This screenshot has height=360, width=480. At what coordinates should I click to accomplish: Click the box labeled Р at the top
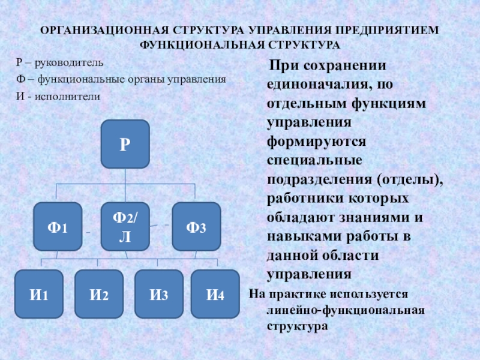[125, 144]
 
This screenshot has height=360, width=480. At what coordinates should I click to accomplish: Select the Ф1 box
[58, 227]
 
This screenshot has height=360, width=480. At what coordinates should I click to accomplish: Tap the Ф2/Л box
[125, 227]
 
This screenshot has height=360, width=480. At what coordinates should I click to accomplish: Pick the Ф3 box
[197, 227]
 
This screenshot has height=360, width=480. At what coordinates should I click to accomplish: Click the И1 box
[39, 294]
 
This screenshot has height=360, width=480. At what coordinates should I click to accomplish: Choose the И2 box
[99, 294]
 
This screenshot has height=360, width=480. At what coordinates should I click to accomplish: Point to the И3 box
[159, 294]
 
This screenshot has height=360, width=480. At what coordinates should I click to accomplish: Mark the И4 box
[215, 294]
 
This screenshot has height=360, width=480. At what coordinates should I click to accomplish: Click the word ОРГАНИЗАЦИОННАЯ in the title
[104, 31]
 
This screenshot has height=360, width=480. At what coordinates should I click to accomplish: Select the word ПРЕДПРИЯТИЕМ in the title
[387, 31]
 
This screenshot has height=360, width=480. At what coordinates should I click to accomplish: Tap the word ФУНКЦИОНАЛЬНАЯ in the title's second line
[202, 45]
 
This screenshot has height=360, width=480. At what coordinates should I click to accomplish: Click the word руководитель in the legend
[69, 63]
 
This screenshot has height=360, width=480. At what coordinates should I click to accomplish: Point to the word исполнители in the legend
[67, 97]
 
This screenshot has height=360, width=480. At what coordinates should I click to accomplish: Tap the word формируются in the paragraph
[317, 142]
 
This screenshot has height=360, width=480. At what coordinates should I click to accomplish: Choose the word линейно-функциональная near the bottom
[346, 310]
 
